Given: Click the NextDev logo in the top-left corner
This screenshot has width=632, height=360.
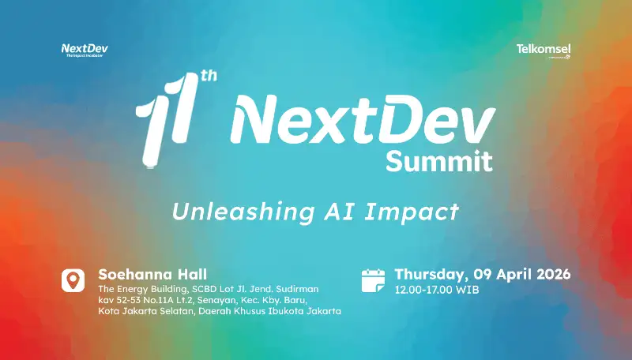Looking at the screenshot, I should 85,50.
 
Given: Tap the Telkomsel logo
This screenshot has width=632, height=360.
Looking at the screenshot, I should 543,50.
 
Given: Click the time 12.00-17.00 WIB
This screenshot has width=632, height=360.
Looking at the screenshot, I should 436,290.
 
